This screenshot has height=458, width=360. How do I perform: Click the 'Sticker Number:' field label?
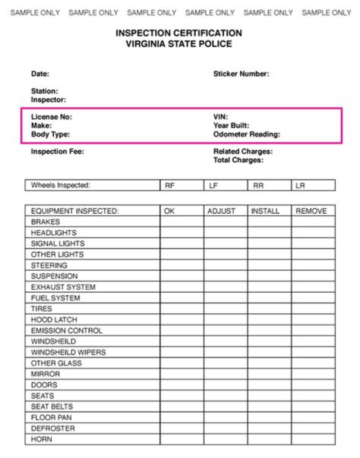(x=241, y=74)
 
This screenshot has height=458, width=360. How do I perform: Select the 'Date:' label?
(x=40, y=74)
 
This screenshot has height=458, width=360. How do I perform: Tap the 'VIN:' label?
(x=220, y=117)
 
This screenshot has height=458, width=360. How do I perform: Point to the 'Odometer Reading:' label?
(x=246, y=134)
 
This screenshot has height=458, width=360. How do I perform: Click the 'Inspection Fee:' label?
(x=57, y=151)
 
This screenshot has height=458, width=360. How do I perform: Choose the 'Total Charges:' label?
(x=238, y=160)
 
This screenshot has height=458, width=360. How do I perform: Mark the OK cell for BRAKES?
(x=181, y=222)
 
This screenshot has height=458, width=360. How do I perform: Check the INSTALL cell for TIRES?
(x=269, y=309)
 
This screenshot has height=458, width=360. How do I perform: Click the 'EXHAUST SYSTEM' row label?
(x=63, y=287)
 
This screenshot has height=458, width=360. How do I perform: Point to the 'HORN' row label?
(x=41, y=440)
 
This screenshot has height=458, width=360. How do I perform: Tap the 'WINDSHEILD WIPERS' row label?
(x=68, y=352)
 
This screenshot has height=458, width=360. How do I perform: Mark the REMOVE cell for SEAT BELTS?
(x=313, y=407)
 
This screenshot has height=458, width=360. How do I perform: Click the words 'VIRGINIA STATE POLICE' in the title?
(x=179, y=44)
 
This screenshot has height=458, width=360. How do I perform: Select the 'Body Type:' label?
(x=50, y=134)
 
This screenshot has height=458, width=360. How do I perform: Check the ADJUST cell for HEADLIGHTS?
(x=225, y=233)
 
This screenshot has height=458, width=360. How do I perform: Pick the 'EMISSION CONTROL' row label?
(x=66, y=331)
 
